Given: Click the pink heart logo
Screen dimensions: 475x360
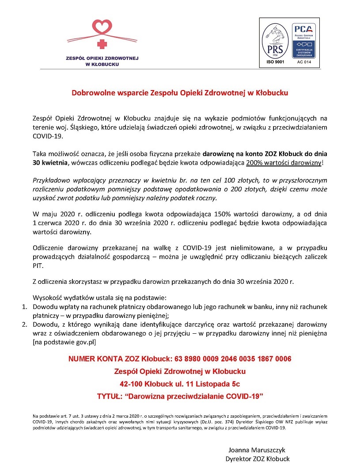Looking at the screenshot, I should [102, 27].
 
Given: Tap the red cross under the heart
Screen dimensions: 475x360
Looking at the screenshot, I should [102, 44].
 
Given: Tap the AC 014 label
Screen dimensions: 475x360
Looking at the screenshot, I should [304, 63].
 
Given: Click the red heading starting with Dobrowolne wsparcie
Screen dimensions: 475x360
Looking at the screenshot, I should [180, 93].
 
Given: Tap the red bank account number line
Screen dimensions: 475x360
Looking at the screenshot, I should [180, 358].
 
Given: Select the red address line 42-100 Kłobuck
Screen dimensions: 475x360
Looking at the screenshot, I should [180, 384].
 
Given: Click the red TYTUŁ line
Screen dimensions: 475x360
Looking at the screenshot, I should [180, 396].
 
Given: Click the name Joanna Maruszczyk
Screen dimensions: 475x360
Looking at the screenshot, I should [257, 450].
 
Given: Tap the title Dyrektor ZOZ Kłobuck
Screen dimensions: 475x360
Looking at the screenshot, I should [257, 459].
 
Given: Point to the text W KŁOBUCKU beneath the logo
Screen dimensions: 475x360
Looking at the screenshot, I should [102, 64].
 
